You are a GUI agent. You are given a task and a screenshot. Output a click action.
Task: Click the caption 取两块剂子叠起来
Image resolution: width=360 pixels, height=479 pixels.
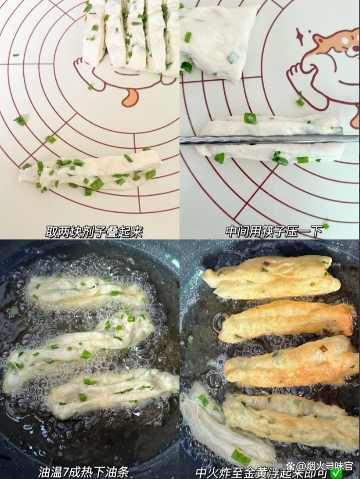(94, 231)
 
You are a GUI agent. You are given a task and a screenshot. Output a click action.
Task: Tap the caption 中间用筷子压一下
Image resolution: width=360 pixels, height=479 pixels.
(274, 231)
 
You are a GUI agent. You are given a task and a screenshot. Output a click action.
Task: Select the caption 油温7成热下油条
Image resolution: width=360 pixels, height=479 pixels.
(84, 471)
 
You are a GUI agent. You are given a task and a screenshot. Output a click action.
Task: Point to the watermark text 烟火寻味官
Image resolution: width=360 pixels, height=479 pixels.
(325, 466)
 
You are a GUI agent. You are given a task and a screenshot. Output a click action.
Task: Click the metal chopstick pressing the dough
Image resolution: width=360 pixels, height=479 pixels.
(269, 140)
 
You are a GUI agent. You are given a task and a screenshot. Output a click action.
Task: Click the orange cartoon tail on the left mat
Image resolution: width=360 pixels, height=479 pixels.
(130, 97)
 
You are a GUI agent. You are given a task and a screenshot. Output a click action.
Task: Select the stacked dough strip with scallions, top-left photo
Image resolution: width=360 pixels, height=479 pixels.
(90, 173)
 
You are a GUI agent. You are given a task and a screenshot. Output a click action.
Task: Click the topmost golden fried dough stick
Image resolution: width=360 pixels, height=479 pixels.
(271, 277)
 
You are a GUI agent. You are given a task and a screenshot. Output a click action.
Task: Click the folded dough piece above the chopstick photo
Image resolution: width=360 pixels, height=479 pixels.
(219, 39)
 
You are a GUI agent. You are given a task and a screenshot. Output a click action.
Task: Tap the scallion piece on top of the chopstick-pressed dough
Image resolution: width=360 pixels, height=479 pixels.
(250, 118)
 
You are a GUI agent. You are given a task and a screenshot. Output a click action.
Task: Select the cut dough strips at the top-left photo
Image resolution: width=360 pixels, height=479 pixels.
(131, 35)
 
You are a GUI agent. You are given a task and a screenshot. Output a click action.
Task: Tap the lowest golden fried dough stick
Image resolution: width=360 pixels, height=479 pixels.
(290, 417)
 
